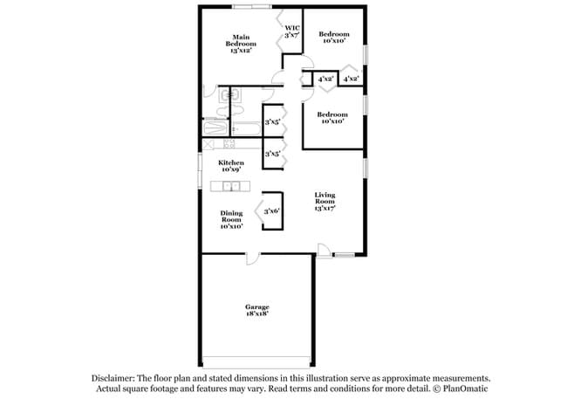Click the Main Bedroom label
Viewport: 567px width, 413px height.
tap(241, 43)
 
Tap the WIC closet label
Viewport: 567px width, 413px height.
tap(292, 32)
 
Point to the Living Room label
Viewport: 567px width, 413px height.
tap(324, 201)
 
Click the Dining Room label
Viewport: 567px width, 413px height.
tap(231, 219)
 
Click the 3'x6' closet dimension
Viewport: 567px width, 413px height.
tap(272, 210)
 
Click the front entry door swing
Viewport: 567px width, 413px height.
tap(323, 251)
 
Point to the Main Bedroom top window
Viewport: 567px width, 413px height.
tap(249, 7)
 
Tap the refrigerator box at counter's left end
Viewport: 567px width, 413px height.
tap(208, 143)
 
